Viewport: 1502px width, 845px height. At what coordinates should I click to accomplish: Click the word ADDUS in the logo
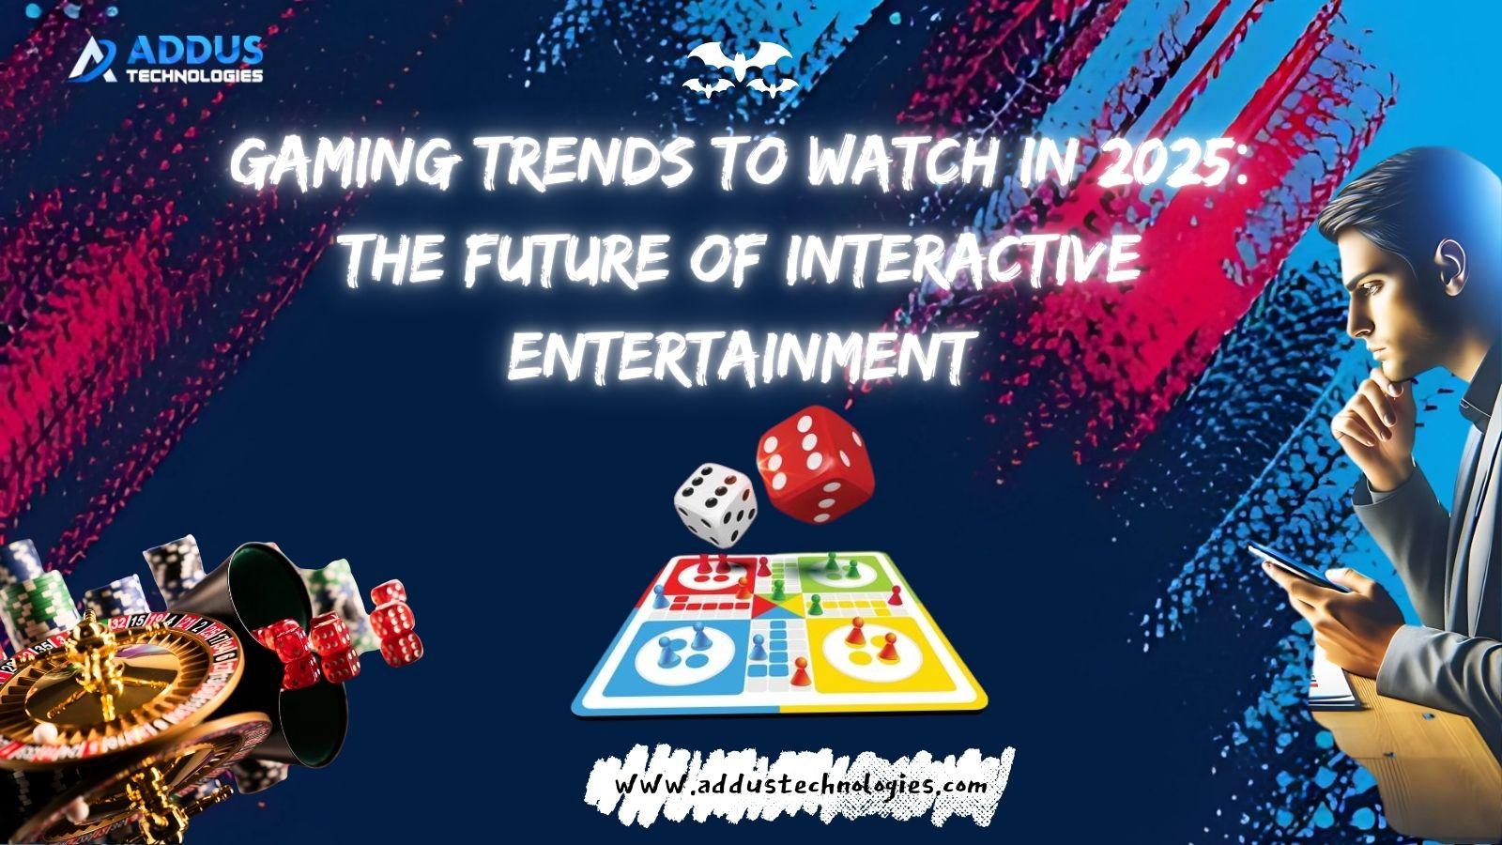[194, 51]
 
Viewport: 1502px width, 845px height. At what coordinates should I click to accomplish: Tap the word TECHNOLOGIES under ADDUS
[194, 76]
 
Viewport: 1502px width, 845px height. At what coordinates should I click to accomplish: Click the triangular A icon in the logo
[94, 60]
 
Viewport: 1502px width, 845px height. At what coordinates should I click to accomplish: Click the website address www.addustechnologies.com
[802, 785]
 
